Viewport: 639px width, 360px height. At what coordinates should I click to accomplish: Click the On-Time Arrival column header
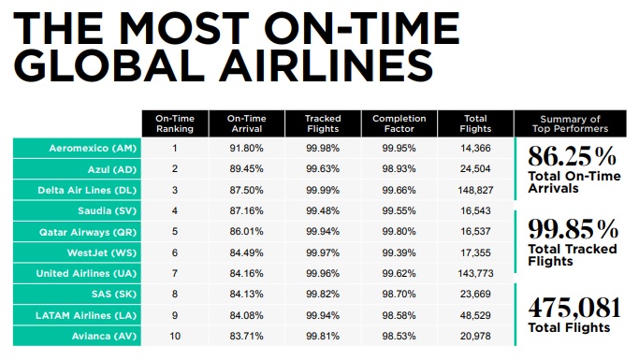[x=247, y=124]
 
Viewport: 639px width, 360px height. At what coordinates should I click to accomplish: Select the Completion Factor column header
[x=399, y=124]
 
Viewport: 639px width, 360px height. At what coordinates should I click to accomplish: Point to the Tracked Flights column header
[x=323, y=124]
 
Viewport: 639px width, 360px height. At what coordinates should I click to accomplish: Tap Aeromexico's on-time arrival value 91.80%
[x=247, y=148]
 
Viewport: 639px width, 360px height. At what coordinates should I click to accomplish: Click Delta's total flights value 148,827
[x=476, y=190]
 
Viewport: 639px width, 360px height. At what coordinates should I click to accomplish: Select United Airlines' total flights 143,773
[x=476, y=273]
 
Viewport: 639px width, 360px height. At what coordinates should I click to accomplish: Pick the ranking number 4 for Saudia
[x=174, y=210]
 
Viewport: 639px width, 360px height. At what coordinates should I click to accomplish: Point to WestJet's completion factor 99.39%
[x=399, y=252]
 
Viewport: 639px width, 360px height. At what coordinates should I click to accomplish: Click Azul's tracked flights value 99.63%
[x=323, y=169]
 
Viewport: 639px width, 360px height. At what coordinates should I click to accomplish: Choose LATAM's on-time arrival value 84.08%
[x=247, y=314]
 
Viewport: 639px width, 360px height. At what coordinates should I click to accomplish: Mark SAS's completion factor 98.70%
[x=399, y=294]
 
